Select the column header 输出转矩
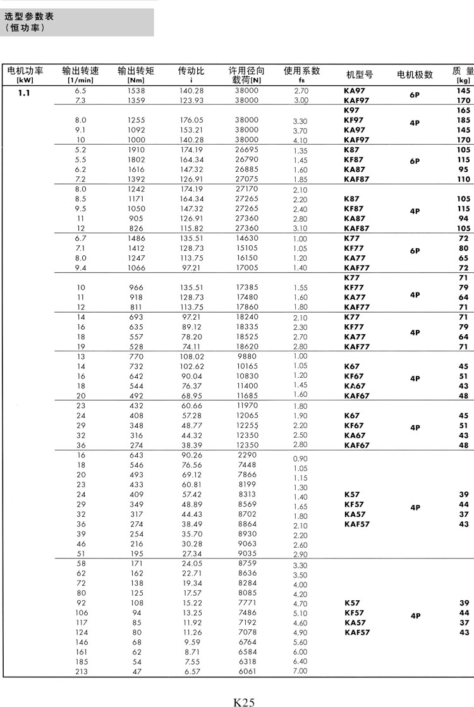(136, 71)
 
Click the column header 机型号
(360, 75)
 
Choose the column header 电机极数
(415, 75)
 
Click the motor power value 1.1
(24, 92)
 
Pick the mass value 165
(464, 111)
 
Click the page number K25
(244, 701)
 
